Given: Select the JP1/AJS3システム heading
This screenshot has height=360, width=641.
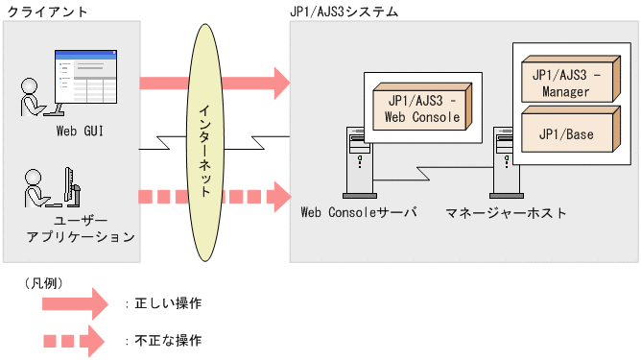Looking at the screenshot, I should [x=344, y=12].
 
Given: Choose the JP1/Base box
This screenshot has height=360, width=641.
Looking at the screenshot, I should [x=566, y=133].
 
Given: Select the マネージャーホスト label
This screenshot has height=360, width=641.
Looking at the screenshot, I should [x=506, y=212].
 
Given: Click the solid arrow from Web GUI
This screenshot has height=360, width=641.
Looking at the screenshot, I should [x=216, y=83].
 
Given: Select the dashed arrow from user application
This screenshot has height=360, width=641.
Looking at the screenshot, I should [x=216, y=198].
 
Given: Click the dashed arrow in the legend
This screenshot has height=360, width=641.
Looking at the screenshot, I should [x=76, y=340].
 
